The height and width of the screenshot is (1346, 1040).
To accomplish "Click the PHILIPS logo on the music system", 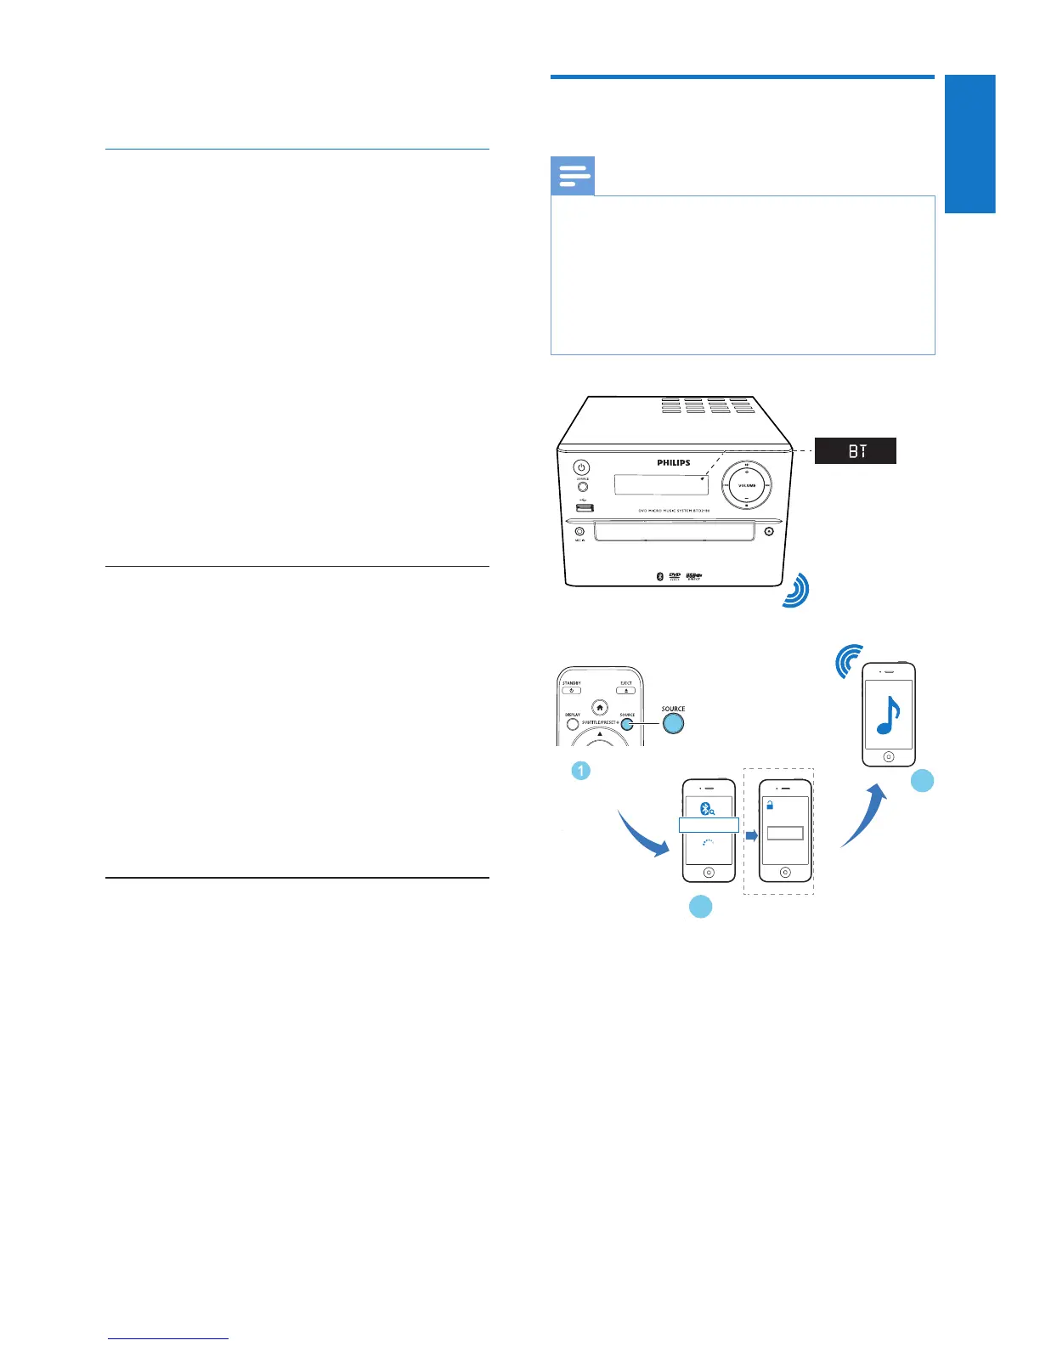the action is pyautogui.click(x=673, y=463).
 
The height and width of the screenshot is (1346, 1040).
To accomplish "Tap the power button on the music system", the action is pyautogui.click(x=581, y=467).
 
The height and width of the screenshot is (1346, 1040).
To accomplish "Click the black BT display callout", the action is pyautogui.click(x=855, y=450).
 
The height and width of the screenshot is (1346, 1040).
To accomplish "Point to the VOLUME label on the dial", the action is pyautogui.click(x=746, y=485).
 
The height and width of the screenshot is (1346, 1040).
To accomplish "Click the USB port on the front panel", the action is pyautogui.click(x=583, y=508).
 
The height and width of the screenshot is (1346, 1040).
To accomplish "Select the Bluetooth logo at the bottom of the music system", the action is pyautogui.click(x=659, y=576).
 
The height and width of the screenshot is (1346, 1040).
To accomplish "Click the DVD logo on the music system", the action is pyautogui.click(x=675, y=576).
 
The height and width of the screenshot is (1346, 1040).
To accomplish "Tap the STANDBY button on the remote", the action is pyautogui.click(x=572, y=690).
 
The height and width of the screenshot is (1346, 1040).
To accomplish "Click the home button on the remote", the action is pyautogui.click(x=601, y=708).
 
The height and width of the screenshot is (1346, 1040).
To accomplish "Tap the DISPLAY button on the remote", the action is pyautogui.click(x=573, y=724).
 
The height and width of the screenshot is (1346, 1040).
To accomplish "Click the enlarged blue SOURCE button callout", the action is pyautogui.click(x=673, y=723).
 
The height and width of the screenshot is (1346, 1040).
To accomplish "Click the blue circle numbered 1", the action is pyautogui.click(x=580, y=771).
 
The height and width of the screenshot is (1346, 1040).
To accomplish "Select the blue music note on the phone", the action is pyautogui.click(x=888, y=715).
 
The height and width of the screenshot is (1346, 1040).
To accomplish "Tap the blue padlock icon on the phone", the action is pyautogui.click(x=770, y=805).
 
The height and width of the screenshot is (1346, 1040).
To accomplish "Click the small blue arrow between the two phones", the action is pyautogui.click(x=751, y=835).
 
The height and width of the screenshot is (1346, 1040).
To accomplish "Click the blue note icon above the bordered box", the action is pyautogui.click(x=573, y=177).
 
